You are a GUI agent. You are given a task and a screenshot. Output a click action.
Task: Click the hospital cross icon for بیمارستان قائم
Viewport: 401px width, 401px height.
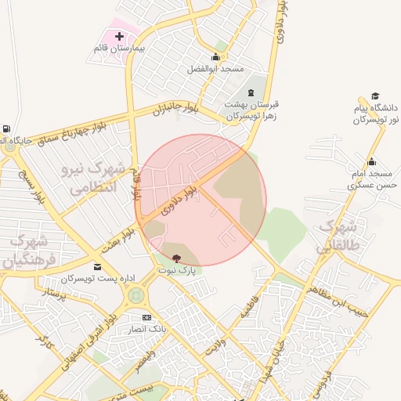119,36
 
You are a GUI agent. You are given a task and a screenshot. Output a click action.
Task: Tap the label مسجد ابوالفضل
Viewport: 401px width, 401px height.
215,69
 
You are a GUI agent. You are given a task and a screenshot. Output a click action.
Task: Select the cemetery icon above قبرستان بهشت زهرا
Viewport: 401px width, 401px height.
251,92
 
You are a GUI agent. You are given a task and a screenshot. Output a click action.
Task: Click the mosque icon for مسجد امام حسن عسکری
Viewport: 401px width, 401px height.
371,161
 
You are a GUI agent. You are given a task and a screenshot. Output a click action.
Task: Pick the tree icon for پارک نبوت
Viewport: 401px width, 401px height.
176,257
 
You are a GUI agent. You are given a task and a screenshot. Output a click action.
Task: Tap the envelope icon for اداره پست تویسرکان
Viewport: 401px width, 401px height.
97,267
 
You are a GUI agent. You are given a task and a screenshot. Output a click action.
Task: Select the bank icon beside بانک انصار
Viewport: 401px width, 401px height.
146,317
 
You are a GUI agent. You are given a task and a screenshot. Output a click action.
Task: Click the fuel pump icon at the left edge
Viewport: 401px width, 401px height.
7,128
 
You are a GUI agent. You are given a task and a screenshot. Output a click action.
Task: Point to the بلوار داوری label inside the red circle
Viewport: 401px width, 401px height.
179,200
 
